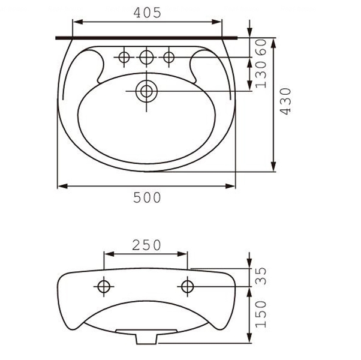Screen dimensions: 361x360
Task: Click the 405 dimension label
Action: click(x=148, y=13)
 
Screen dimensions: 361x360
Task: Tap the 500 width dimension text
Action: click(x=147, y=197)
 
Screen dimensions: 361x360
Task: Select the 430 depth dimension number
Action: click(x=285, y=101)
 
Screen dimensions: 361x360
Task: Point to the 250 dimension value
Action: click(x=147, y=245)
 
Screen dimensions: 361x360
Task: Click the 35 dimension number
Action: click(x=261, y=276)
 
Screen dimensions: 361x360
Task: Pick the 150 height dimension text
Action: click(x=261, y=314)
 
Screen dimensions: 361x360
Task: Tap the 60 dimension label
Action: click(x=261, y=47)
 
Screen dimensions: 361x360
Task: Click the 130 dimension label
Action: click(x=261, y=74)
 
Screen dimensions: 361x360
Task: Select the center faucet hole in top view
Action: click(x=146, y=57)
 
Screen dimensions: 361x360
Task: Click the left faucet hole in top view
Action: click(x=124, y=57)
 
